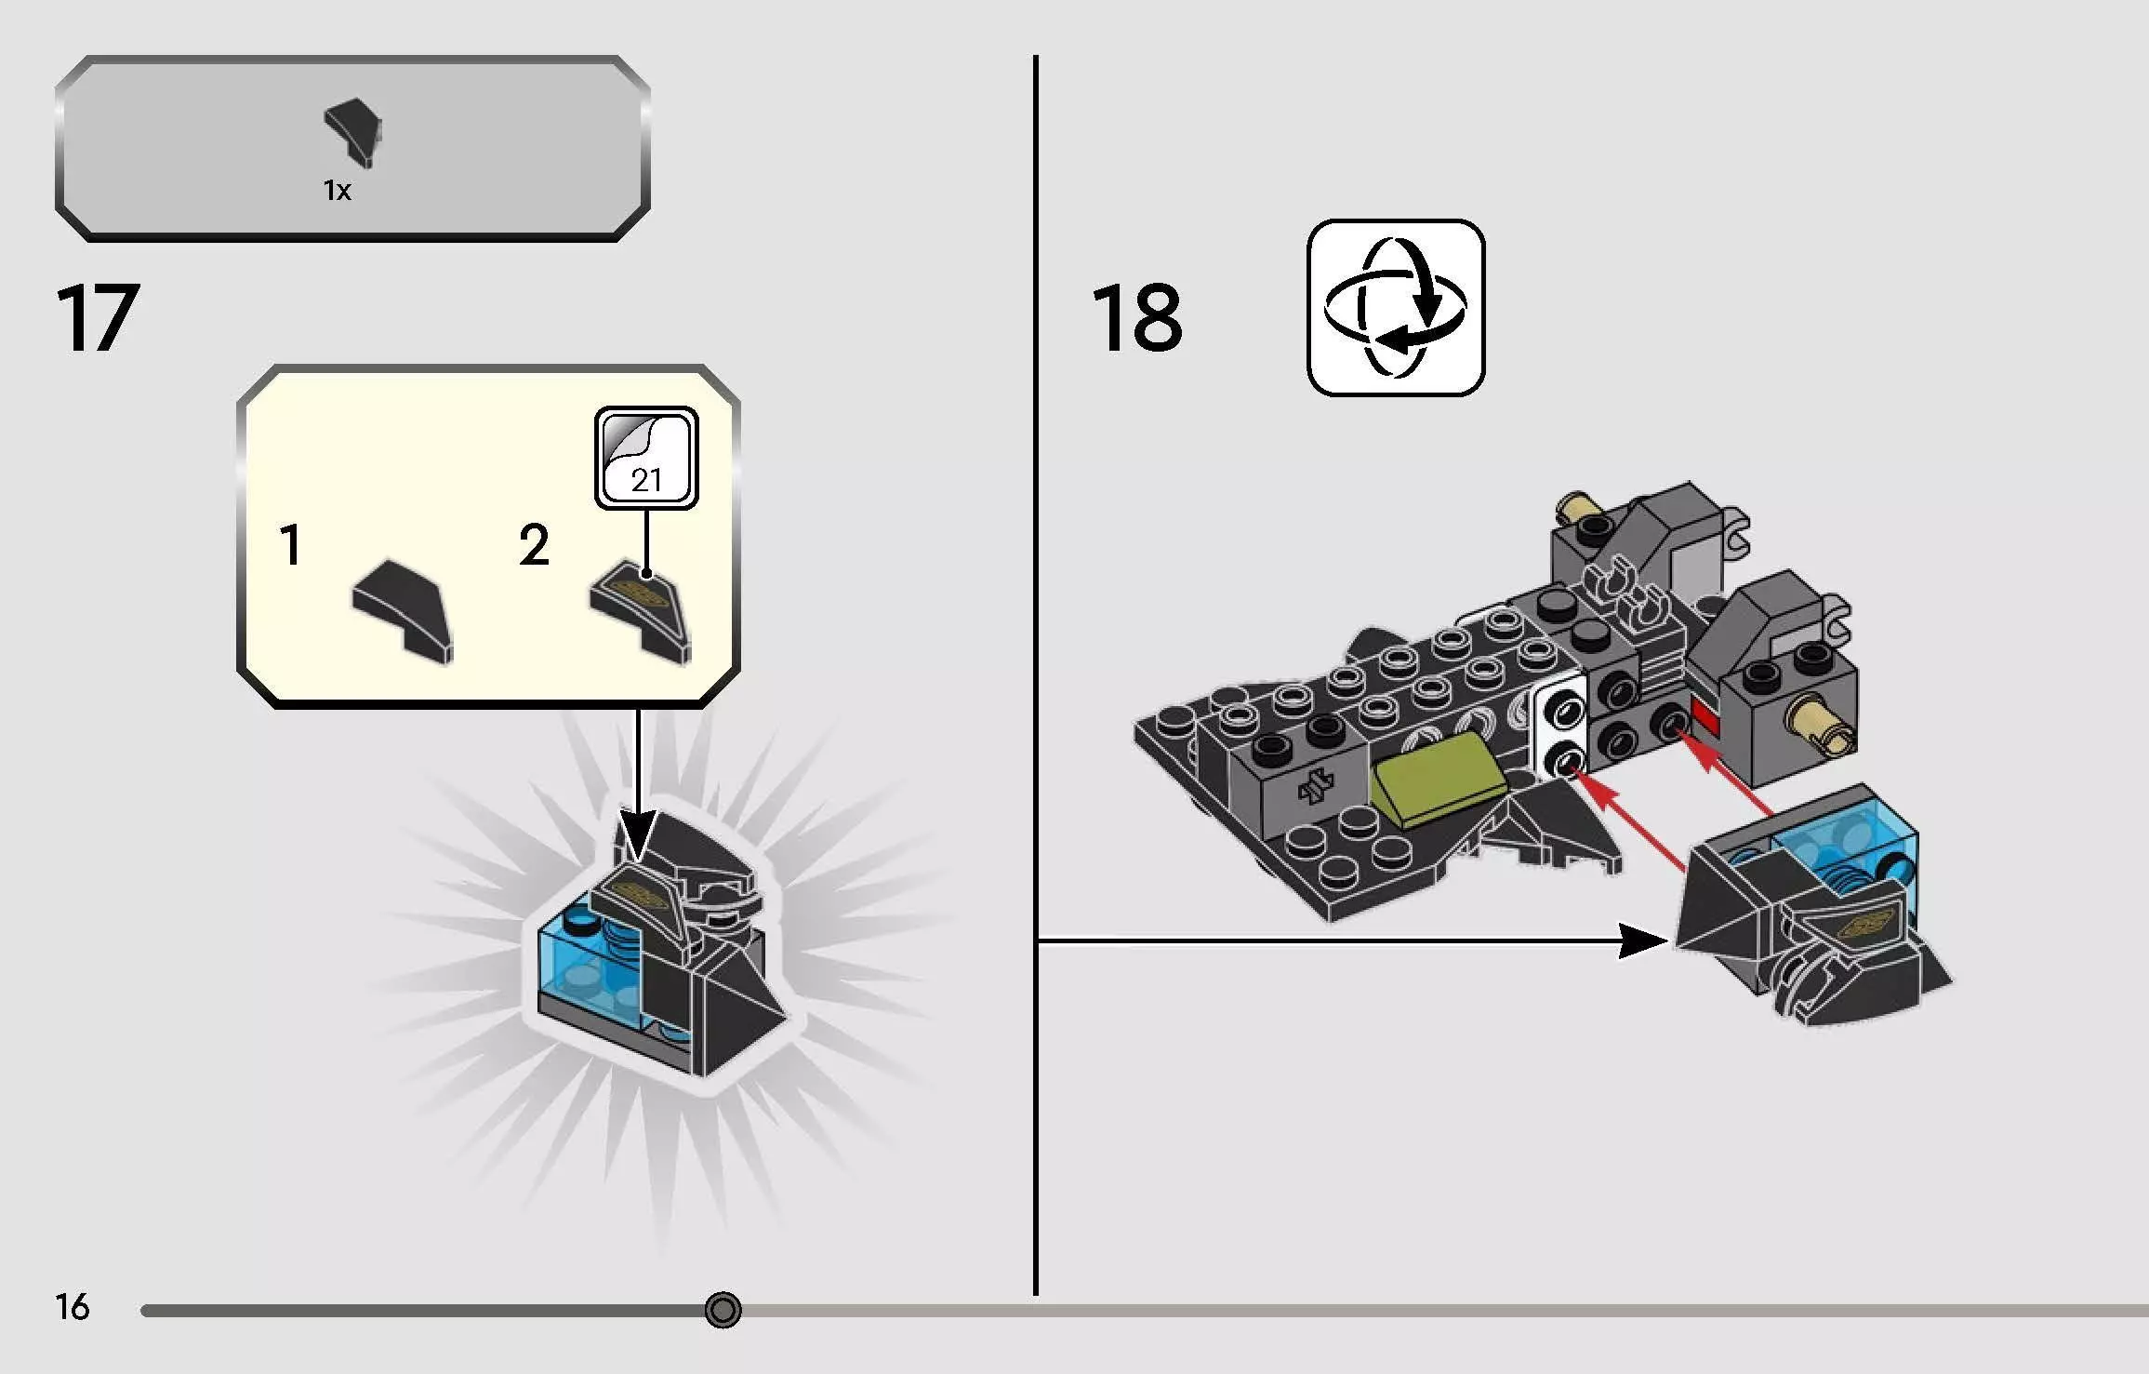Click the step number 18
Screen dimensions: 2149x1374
[x=1136, y=318]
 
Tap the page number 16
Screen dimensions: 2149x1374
[x=72, y=1307]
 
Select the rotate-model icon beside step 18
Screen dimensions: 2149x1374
[x=1395, y=307]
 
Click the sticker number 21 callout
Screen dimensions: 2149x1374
[x=646, y=458]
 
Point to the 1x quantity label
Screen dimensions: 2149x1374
[x=337, y=191]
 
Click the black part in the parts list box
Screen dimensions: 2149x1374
[x=353, y=133]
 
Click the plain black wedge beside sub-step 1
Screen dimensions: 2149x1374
[x=404, y=611]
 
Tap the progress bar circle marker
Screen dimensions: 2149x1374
[x=723, y=1310]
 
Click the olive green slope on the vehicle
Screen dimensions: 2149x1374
[x=1438, y=778]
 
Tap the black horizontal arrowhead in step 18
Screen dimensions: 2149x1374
[x=1645, y=940]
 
